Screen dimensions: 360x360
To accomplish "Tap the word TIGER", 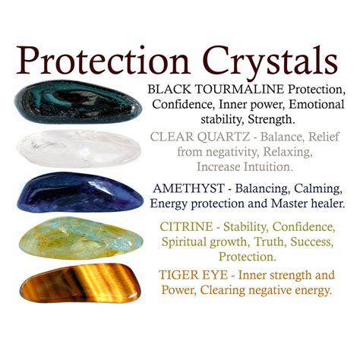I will [179, 274].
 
